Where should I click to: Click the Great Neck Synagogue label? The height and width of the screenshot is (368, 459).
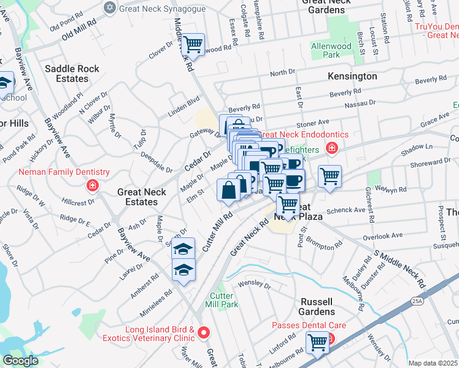(x=155, y=7)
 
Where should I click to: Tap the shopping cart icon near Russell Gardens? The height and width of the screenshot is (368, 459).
(x=317, y=342)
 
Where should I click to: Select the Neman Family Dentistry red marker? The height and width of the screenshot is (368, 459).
(x=92, y=185)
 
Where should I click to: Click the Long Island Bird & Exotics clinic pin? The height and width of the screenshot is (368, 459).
(x=204, y=332)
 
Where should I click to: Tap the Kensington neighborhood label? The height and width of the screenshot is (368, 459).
(x=352, y=76)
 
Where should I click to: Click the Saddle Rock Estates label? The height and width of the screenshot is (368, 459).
(x=72, y=74)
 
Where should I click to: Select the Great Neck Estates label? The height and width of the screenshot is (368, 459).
(x=142, y=197)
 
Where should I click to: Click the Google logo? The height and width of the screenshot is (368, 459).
(x=21, y=361)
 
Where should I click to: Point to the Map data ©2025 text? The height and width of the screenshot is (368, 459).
(x=433, y=363)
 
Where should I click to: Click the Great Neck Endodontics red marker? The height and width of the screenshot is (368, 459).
(x=331, y=148)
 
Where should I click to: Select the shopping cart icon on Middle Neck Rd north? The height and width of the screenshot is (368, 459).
(x=194, y=44)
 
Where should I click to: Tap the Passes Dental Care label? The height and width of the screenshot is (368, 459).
(x=309, y=326)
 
